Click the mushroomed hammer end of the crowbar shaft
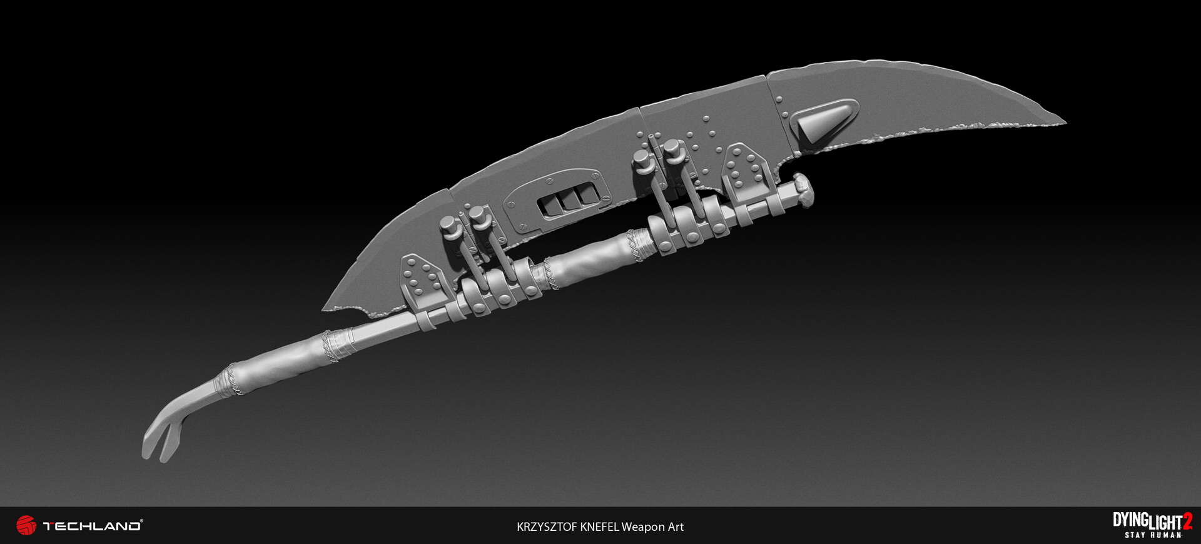pyautogui.click(x=803, y=191)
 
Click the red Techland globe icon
pyautogui.click(x=26, y=525)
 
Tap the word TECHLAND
pyautogui.click(x=92, y=526)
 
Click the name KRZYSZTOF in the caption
pyautogui.click(x=547, y=527)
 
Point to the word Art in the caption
pyautogui.click(x=676, y=527)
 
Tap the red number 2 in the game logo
pyautogui.click(x=1187, y=522)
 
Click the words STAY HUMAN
pyautogui.click(x=1153, y=535)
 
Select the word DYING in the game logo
pyautogui.click(x=1130, y=520)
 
